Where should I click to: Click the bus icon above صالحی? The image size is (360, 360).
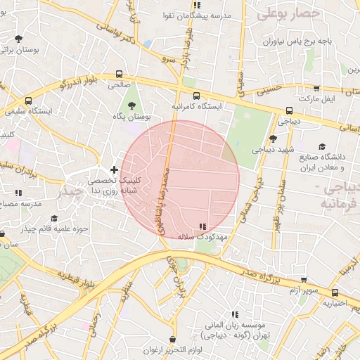(119, 73)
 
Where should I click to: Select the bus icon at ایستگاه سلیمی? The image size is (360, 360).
(28, 101)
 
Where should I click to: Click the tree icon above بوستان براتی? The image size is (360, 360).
(18, 39)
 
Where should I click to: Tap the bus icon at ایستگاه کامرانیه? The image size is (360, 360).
(196, 96)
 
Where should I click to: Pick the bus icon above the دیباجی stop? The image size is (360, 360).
(289, 110)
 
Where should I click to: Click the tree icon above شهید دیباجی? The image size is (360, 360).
(273, 139)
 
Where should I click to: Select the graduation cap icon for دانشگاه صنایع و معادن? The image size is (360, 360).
(322, 147)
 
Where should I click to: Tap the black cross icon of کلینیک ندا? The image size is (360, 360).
(114, 169)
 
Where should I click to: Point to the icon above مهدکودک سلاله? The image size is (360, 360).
(202, 226)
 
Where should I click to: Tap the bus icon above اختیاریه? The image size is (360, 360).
(334, 292)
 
